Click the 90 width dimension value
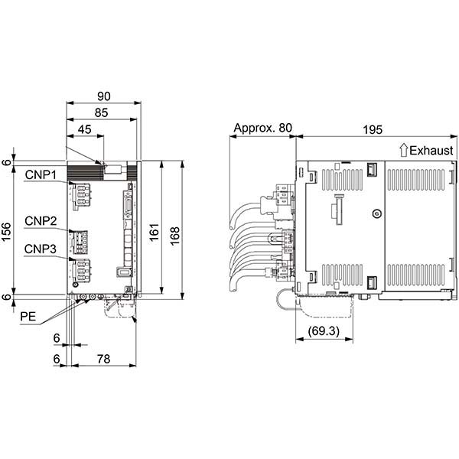pos(104,96)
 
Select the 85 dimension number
pos(101,112)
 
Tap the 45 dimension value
pos(85,129)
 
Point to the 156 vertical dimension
pos(6,232)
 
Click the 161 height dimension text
pos(154,232)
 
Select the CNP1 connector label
pos(41,174)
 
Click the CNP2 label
pos(41,221)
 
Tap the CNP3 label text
pos(41,249)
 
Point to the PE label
pos(28,317)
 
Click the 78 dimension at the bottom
pos(104,359)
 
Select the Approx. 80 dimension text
pos(263,128)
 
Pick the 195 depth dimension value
pos(373,130)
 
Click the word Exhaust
pos(431,151)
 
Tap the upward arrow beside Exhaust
pos(404,150)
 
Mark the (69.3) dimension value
pos(324,331)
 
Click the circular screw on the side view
pos(377,213)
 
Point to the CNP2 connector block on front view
pos(80,242)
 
